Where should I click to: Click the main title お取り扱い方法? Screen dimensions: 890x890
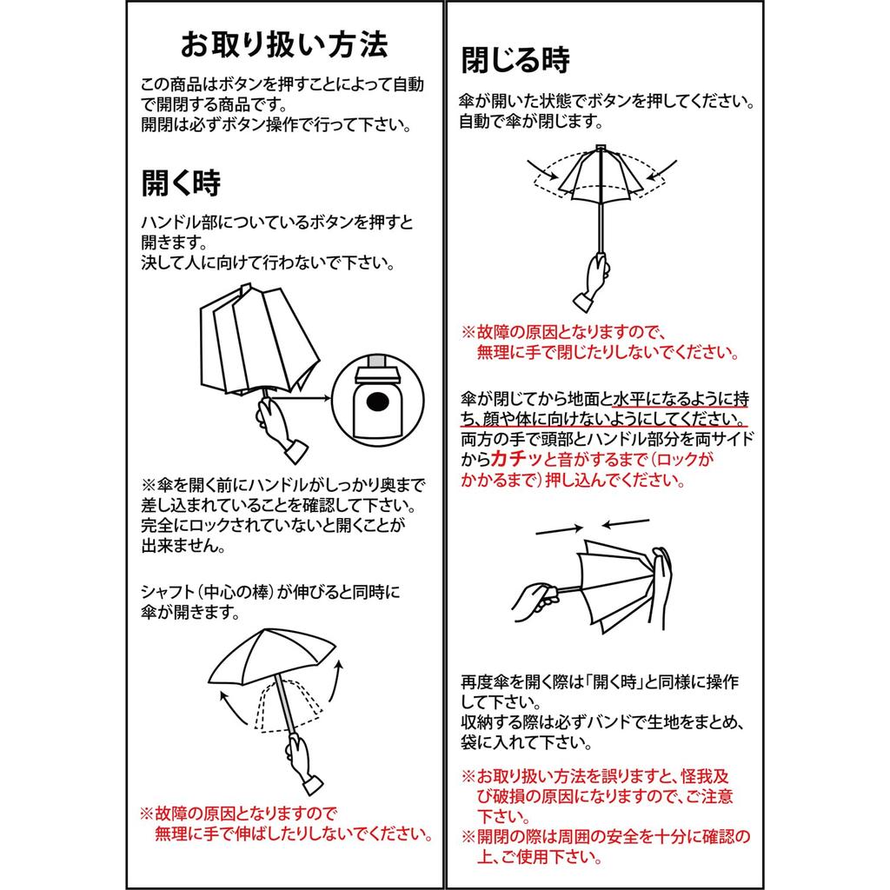[284, 45]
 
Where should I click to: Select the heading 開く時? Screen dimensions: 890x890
[181, 183]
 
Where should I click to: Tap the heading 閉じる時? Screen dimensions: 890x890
[515, 60]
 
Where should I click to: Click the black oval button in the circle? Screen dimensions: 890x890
[377, 402]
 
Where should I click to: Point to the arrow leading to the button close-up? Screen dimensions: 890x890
[302, 398]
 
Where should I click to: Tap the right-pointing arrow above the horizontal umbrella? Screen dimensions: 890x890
[560, 530]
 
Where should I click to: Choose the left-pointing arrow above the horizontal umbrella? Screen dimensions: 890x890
[626, 522]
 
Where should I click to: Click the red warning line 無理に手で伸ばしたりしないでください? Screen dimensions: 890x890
[293, 834]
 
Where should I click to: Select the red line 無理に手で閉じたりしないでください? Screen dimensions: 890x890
[608, 352]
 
